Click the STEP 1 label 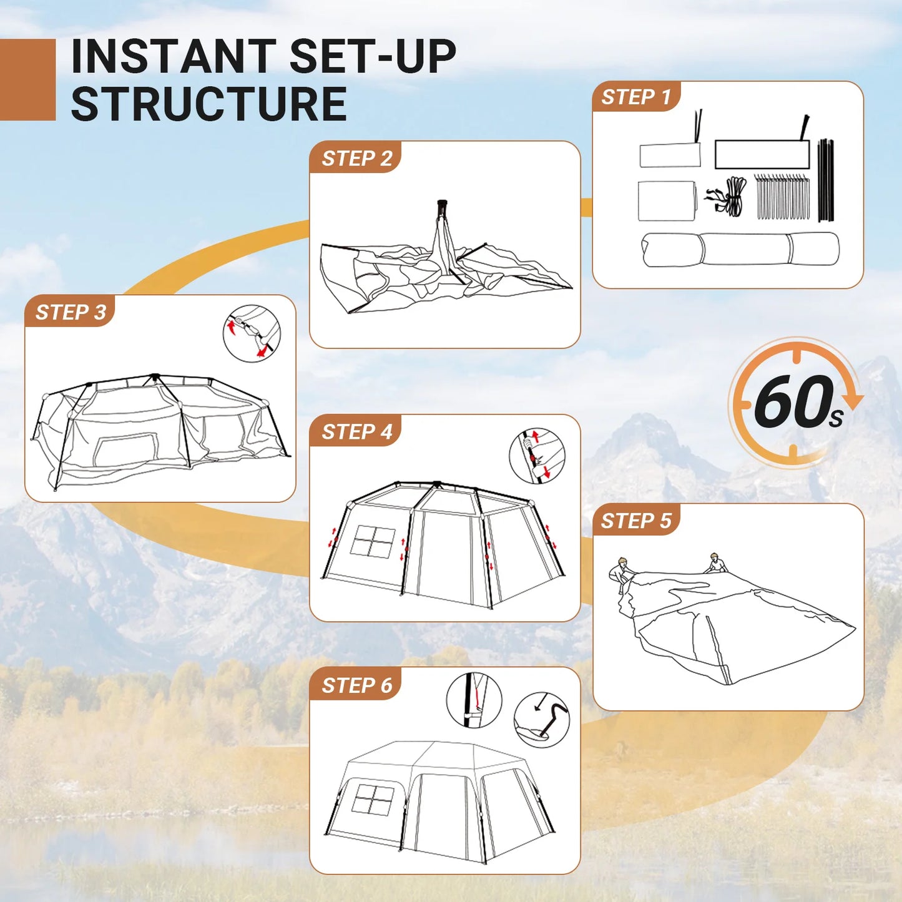(x=635, y=97)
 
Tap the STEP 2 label (x=356, y=159)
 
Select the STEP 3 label (x=71, y=312)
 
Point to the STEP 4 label (x=356, y=432)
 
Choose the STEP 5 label (x=635, y=521)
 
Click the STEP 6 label (x=356, y=685)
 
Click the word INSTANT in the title (x=174, y=57)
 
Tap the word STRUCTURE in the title (x=208, y=104)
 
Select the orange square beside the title (x=27, y=79)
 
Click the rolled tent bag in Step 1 (x=740, y=249)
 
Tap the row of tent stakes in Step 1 (x=782, y=197)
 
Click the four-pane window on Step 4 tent (x=373, y=541)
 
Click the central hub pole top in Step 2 (x=442, y=205)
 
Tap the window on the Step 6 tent (x=373, y=800)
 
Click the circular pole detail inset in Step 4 (x=537, y=456)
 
